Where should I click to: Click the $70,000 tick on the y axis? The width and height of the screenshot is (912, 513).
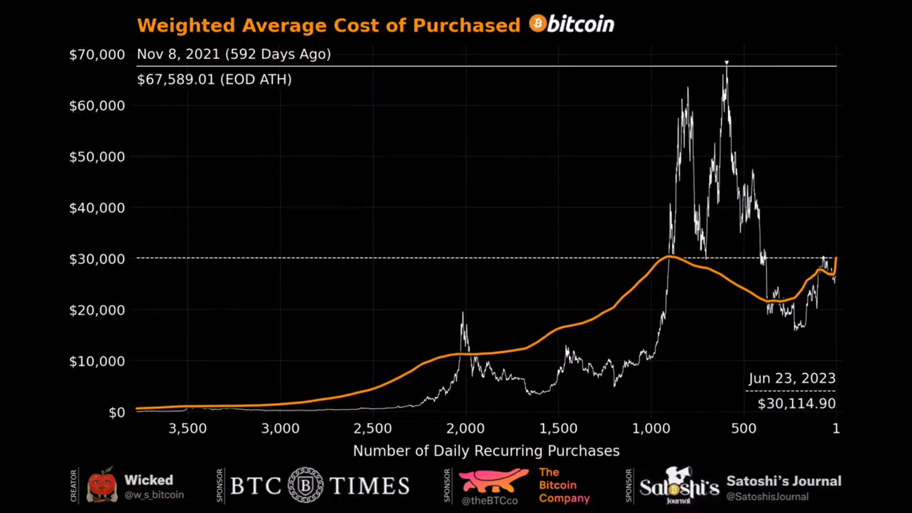point(97,55)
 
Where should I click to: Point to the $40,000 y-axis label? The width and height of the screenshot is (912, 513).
point(97,208)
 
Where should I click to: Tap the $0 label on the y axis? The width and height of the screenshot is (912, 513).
point(117,412)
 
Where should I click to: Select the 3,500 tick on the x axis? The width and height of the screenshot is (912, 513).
point(188,428)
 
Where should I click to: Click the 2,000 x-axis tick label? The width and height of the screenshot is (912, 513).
point(465,428)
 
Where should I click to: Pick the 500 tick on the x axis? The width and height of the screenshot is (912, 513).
point(744,428)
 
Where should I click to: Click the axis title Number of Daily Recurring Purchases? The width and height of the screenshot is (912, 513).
point(486,451)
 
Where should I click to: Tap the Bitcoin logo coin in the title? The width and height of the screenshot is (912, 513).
point(537,23)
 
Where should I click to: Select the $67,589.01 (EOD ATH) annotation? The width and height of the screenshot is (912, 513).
point(214,79)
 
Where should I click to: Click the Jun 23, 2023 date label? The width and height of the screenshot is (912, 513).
point(792,378)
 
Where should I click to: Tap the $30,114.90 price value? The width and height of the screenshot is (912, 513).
point(797,404)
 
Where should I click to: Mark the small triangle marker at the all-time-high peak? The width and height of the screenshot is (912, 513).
point(726,63)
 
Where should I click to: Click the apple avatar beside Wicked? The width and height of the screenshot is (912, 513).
point(102,485)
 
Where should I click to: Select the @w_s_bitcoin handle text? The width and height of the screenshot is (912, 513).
point(154,495)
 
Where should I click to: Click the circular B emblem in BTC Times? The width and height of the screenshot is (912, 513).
point(305,485)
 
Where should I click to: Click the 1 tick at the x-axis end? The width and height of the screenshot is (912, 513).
point(836,428)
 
